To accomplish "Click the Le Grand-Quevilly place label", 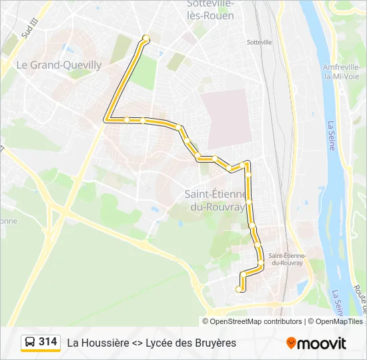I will (59, 65).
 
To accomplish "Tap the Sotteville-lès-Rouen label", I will (210, 10).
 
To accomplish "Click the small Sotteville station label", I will (260, 42).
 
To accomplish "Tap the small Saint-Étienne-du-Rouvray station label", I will (286, 259).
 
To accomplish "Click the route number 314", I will (48, 342).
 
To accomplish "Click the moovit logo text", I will (322, 343).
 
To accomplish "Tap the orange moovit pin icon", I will (291, 343).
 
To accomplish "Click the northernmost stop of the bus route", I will (145, 40).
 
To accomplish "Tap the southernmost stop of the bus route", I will (240, 289).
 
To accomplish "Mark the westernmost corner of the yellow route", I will (105, 120).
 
